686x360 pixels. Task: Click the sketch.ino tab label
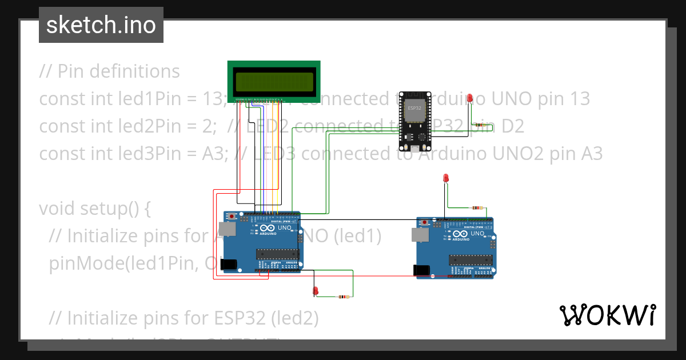(101, 25)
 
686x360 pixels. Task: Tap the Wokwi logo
(607, 315)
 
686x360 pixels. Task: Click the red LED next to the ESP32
(470, 99)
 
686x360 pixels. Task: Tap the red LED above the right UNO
(446, 179)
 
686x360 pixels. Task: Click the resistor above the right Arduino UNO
(476, 208)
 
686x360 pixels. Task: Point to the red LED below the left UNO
(315, 291)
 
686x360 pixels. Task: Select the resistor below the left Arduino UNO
(343, 297)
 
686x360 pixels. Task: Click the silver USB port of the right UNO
(418, 234)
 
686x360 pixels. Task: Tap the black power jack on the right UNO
(421, 269)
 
